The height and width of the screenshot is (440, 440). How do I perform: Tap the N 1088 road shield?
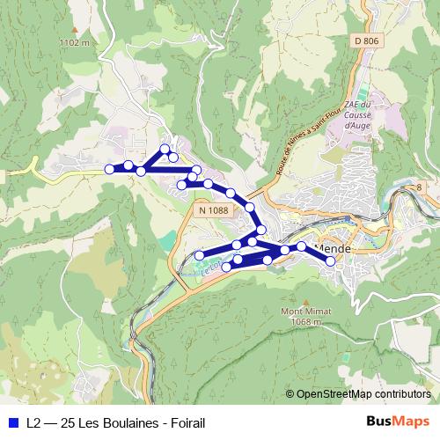pyautogui.click(x=212, y=209)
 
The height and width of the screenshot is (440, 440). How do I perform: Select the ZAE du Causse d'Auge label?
pyautogui.click(x=358, y=115)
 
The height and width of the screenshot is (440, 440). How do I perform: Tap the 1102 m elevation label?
pyautogui.click(x=73, y=41)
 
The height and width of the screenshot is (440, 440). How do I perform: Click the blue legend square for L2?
pyautogui.click(x=13, y=422)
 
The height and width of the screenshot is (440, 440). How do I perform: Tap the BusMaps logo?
pyautogui.click(x=398, y=422)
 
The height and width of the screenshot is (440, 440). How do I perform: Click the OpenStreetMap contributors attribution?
pyautogui.click(x=363, y=394)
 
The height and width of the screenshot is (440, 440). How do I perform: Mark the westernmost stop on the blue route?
pyautogui.click(x=109, y=169)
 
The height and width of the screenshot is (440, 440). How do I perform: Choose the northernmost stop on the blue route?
pyautogui.click(x=165, y=149)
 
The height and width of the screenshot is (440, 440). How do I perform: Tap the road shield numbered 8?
pyautogui.click(x=419, y=187)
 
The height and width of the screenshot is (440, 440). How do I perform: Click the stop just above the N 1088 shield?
pyautogui.click(x=208, y=184)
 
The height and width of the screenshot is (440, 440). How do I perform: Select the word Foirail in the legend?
pyautogui.click(x=187, y=422)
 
